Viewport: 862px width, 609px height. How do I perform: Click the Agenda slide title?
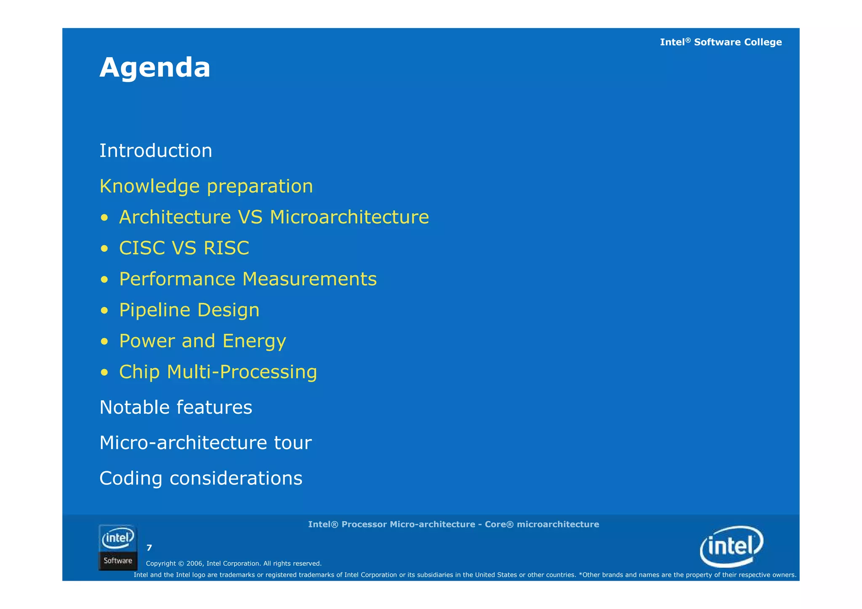coord(154,68)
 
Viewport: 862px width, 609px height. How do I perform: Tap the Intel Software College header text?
coord(721,42)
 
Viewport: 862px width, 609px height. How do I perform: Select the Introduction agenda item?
coord(156,151)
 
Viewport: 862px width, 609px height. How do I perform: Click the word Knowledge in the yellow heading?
coord(149,186)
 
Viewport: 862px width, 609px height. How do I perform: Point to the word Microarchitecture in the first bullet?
coord(349,217)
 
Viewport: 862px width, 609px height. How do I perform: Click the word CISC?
coord(142,248)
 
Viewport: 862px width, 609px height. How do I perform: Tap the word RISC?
coord(226,248)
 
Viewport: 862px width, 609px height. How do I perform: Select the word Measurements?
coord(309,279)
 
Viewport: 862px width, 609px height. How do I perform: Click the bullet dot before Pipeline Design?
coord(104,311)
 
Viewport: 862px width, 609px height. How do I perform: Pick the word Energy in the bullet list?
coord(254,341)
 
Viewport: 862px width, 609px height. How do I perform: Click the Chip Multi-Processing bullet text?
coord(218,372)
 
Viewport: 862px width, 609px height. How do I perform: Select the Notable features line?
coord(176,407)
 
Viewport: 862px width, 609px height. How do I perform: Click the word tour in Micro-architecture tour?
coord(293,443)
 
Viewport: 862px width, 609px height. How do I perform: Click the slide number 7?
coord(149,548)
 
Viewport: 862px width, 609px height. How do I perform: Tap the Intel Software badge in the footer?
coord(118,548)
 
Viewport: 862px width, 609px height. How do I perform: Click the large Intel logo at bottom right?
coord(731,546)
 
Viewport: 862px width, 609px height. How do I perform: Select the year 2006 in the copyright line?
coord(195,564)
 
